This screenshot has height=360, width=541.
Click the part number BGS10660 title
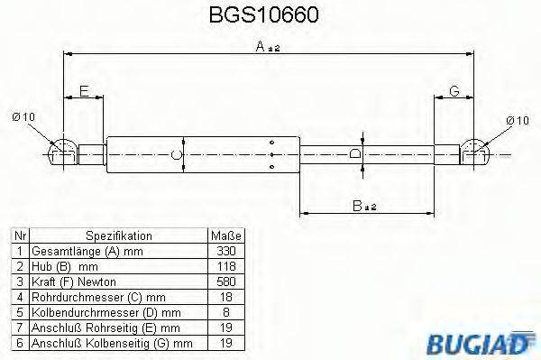tap(270, 15)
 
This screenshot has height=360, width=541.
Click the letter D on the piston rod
tap(355, 154)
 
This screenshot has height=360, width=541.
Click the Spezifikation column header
tap(118, 235)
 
